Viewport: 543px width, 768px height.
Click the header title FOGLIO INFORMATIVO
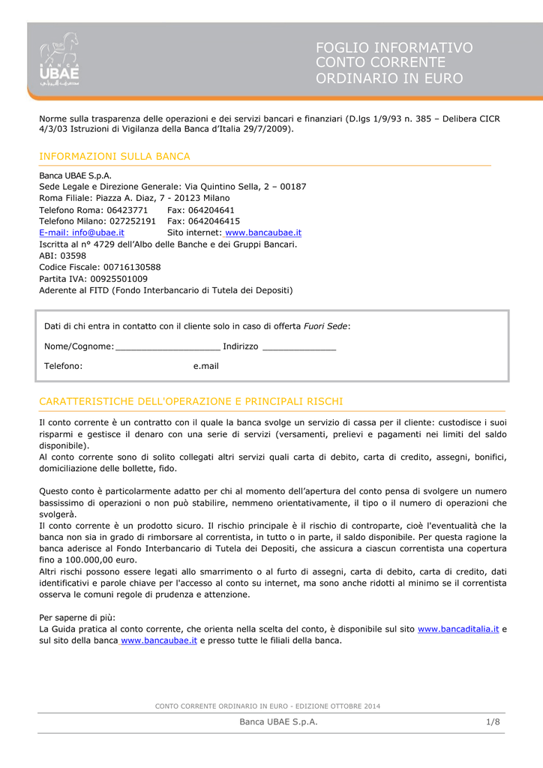click(x=394, y=48)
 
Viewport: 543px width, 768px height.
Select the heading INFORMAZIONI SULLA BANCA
click(x=115, y=156)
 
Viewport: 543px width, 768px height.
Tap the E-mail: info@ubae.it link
click(x=82, y=232)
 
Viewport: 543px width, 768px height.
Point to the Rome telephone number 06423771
click(x=127, y=210)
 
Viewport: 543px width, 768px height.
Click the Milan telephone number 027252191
click(x=131, y=221)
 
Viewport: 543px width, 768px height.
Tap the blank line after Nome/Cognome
click(x=168, y=347)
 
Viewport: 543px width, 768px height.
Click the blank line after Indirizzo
click(x=299, y=347)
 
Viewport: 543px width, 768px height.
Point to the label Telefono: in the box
click(x=63, y=366)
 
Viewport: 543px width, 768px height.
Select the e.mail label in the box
click(x=205, y=366)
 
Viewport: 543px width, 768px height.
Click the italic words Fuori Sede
click(x=325, y=326)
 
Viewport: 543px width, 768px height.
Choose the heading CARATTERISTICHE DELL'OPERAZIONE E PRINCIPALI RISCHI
click(x=191, y=401)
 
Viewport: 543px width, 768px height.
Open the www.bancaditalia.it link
click(x=457, y=628)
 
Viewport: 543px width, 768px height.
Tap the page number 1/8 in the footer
click(x=492, y=721)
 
